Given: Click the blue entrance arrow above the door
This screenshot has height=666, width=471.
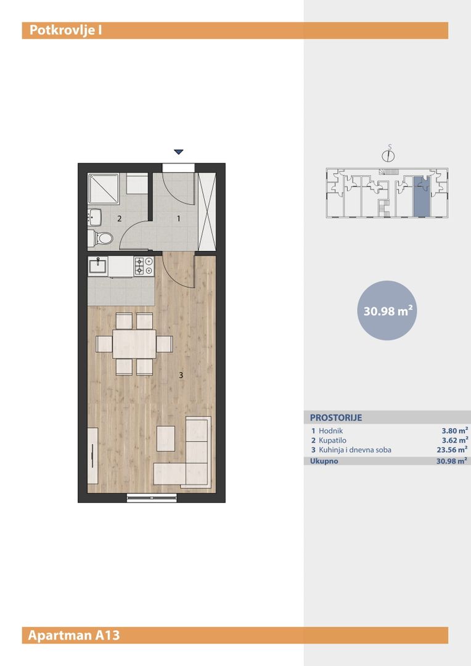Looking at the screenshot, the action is [x=178, y=152].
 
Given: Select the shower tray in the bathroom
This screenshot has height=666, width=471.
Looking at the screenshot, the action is [x=103, y=188].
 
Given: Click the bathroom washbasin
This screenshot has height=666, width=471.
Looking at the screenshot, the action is [x=95, y=217].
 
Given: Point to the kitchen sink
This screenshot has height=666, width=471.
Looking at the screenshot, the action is [x=97, y=266].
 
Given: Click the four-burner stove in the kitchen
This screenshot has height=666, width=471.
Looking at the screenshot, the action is [x=144, y=266].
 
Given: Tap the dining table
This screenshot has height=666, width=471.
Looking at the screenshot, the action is [x=134, y=343].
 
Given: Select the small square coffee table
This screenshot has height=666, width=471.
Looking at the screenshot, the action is [x=166, y=438].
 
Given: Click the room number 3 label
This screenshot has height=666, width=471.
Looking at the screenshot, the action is [x=181, y=375].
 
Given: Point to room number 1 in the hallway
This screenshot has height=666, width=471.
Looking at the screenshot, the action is [x=178, y=218].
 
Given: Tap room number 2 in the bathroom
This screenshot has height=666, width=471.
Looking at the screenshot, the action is [x=120, y=219].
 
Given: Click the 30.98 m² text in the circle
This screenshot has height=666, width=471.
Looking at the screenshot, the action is [x=388, y=310].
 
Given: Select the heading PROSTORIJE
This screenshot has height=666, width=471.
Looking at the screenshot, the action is [x=336, y=417].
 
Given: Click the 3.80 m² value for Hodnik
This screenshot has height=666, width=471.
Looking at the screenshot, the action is [x=455, y=430].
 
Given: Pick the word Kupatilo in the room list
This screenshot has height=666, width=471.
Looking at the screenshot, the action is [x=332, y=440].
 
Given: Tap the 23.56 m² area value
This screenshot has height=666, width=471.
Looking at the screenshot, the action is [x=453, y=450].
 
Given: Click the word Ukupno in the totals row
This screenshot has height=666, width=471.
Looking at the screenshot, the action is [x=324, y=461].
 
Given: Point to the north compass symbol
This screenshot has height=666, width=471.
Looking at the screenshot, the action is [x=388, y=155].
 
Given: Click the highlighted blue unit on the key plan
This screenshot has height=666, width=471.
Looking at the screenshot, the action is [x=422, y=196].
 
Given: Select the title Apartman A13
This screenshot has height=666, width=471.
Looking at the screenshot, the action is [x=74, y=635].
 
